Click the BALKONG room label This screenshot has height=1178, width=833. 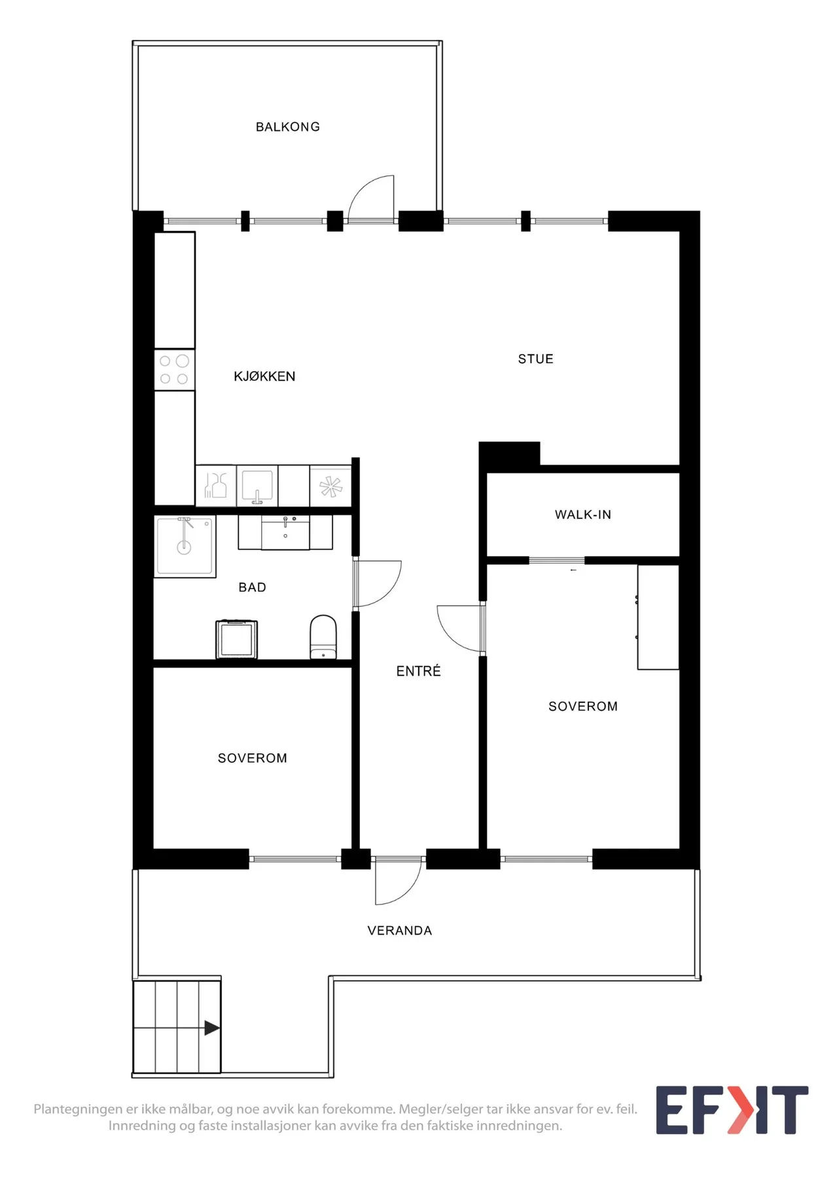(x=288, y=127)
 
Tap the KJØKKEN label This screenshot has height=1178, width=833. (x=264, y=376)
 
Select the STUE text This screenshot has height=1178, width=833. (x=536, y=359)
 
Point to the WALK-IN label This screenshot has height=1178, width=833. (x=583, y=514)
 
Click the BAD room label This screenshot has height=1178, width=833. (x=253, y=587)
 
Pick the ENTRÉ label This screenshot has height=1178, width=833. (x=419, y=671)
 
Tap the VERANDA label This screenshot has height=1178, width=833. (x=400, y=931)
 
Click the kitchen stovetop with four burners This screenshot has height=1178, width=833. (x=175, y=370)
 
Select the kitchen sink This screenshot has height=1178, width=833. (x=257, y=485)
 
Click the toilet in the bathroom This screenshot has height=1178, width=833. (x=323, y=636)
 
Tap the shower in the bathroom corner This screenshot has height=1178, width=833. (x=185, y=546)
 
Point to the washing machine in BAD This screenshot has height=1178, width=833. (x=236, y=639)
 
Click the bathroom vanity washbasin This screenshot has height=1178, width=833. (x=285, y=532)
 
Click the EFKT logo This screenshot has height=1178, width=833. (x=732, y=1110)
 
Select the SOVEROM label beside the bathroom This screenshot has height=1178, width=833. (x=253, y=758)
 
